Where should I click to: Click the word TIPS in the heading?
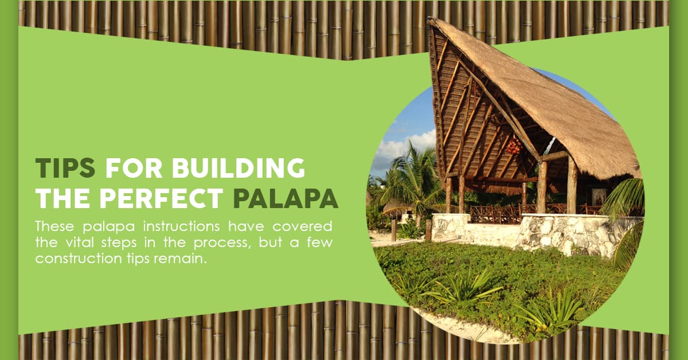tap(65, 168)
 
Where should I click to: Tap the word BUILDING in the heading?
tap(239, 168)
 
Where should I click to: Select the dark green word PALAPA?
tap(286, 198)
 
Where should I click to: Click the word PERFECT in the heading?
tap(161, 198)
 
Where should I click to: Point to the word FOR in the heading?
tap(134, 168)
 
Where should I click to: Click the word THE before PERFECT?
tap(64, 198)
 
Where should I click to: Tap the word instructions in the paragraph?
tap(182, 226)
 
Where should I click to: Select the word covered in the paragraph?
tap(302, 226)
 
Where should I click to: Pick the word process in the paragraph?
tap(221, 243)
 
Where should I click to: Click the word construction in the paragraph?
tap(79, 259)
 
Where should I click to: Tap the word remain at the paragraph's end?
tap(179, 259)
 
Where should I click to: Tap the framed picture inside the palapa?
tap(599, 197)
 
